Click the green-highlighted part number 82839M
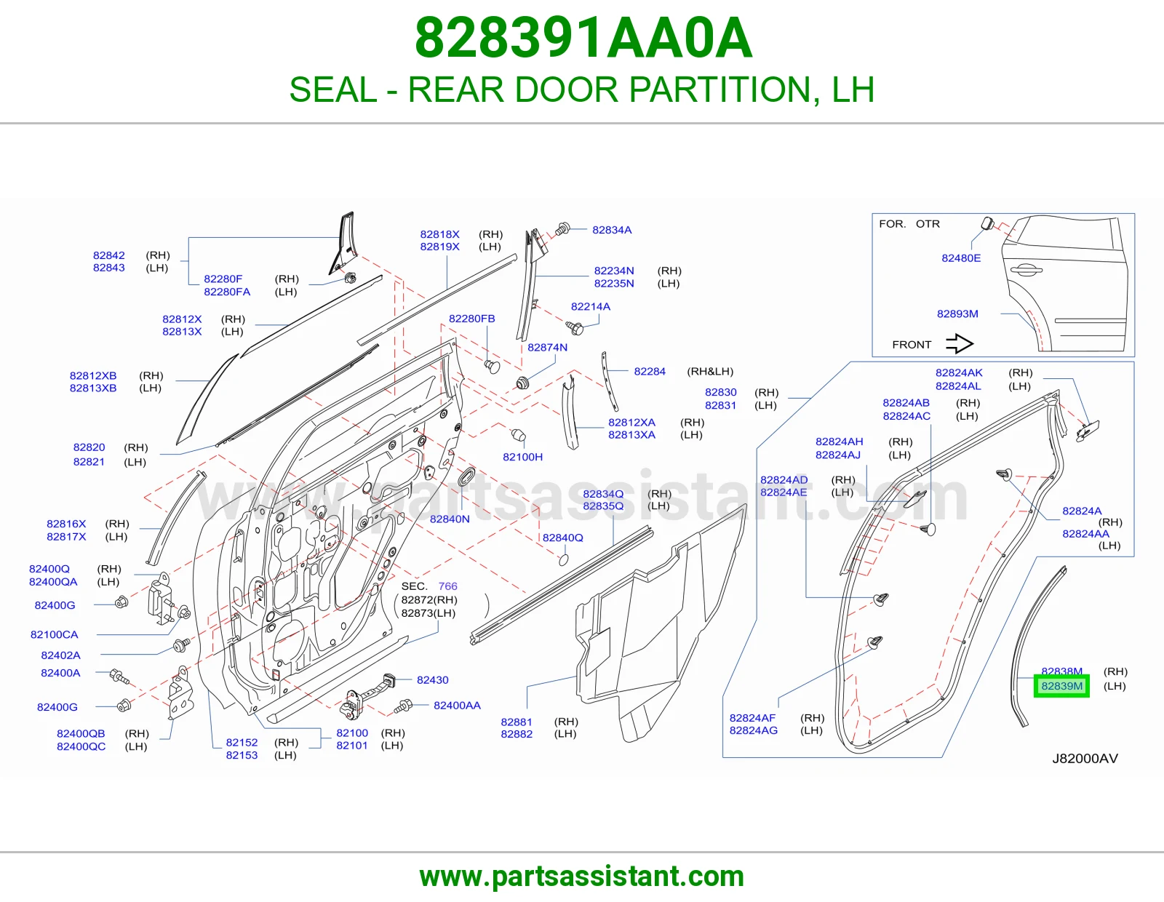pos(1061,686)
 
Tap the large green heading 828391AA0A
pos(583,38)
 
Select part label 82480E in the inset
pos(961,258)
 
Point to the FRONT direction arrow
pos(960,344)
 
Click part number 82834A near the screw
pos(612,230)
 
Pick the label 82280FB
pos(471,319)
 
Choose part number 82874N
pos(547,347)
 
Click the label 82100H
pos(522,457)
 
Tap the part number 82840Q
pos(562,538)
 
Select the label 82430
pos(432,679)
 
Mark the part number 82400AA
pos(457,706)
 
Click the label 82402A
pos(60,655)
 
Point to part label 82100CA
pos(54,635)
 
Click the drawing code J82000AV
pos(1085,759)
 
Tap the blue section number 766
pos(448,586)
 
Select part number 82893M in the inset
pos(957,314)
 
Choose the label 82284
pos(649,371)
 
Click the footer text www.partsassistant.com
pos(582,877)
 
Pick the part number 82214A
pos(590,306)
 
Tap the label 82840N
pos(450,519)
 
